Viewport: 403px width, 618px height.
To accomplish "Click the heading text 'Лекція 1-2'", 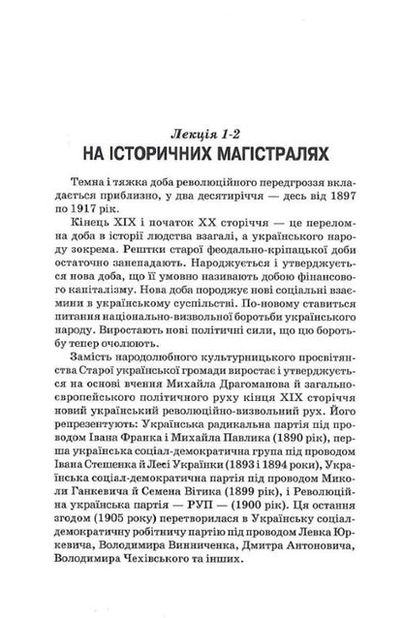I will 201,130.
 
